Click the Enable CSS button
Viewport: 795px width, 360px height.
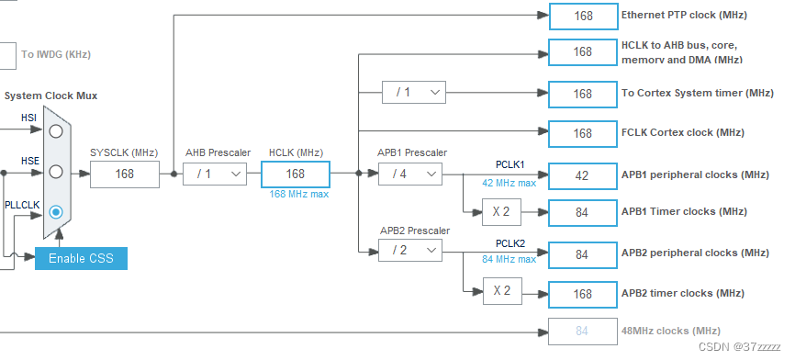coord(81,258)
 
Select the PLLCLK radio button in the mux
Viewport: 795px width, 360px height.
coord(56,211)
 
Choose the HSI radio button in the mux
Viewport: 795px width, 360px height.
coord(56,131)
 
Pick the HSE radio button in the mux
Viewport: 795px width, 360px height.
coord(56,172)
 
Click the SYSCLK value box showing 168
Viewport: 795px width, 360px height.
coord(124,174)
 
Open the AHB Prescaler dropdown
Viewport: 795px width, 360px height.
coord(215,174)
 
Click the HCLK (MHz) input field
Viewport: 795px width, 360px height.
coord(295,174)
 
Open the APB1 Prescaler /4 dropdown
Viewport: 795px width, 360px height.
coord(409,174)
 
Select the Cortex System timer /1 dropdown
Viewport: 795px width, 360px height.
coord(414,93)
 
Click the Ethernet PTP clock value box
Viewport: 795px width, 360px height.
coord(583,16)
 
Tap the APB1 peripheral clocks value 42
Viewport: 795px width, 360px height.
coord(582,174)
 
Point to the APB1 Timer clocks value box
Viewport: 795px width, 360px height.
coord(582,213)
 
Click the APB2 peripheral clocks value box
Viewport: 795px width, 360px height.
coord(582,253)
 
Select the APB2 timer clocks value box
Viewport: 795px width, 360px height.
coord(582,294)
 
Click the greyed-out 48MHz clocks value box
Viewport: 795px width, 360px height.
coord(582,331)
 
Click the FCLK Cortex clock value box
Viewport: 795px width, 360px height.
coord(582,133)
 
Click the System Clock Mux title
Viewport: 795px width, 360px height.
coord(50,96)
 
